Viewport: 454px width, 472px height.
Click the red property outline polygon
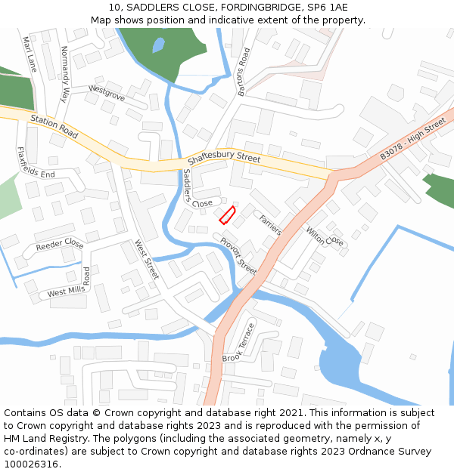pos(227,215)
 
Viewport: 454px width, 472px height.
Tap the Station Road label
pos(54,126)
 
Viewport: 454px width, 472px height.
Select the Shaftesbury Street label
pos(223,159)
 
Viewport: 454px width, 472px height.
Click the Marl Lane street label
pos(30,54)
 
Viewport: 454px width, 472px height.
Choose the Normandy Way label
pos(64,74)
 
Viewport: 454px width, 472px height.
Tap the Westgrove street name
pos(106,92)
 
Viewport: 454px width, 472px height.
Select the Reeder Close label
pos(59,244)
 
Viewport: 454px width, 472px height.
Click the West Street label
pos(146,259)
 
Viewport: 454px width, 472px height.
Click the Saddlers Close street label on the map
pos(193,189)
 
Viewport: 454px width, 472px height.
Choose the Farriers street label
pos(270,224)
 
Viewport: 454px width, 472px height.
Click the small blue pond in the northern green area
pos(157,45)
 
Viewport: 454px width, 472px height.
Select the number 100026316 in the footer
pos(30,464)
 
